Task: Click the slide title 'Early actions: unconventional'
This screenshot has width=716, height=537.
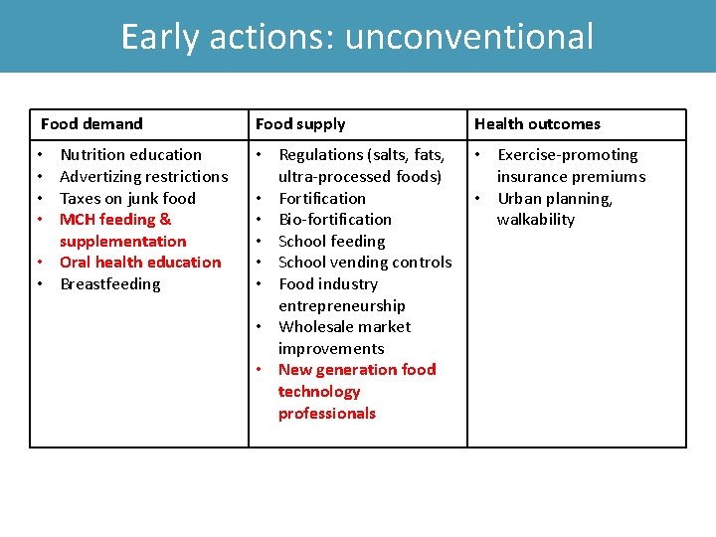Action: pos(357,37)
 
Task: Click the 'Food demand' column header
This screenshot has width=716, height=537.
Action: pos(91,124)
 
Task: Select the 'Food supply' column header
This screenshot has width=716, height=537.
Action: pos(300,124)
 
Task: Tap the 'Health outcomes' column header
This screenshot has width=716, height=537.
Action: pos(537,124)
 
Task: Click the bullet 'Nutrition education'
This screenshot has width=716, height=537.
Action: pos(130,155)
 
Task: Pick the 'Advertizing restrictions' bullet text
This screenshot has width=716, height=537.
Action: pos(144,177)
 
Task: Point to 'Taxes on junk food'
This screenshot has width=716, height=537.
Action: pos(128,198)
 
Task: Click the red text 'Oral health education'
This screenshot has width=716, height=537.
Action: pos(140,263)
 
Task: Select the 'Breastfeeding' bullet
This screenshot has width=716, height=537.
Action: pos(109,284)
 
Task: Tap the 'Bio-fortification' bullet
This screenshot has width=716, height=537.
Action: pos(335,220)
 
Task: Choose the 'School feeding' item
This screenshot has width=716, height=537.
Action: pos(331,242)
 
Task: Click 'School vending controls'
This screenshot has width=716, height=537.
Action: pos(365,263)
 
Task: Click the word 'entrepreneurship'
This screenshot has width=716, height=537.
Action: pos(342,306)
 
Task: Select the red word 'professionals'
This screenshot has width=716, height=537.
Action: pos(327,414)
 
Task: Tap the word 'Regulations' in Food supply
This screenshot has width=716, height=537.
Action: pos(321,155)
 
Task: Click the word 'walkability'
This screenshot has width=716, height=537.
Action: pos(536,220)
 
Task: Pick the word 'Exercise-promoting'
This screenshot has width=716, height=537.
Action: pos(568,155)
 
